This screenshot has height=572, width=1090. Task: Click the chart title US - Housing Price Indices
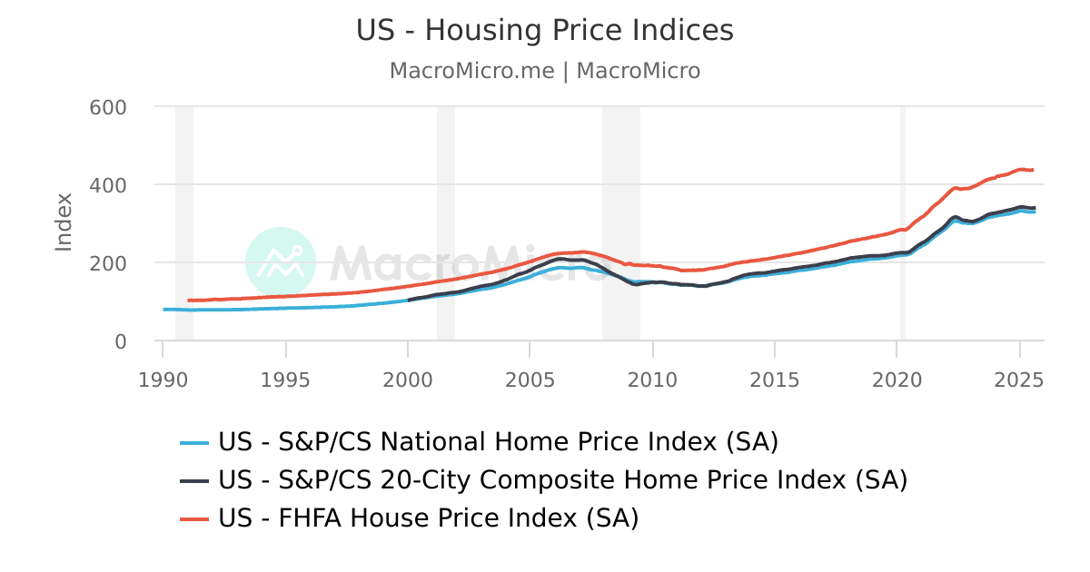[544, 31]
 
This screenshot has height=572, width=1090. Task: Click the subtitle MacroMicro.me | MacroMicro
[544, 71]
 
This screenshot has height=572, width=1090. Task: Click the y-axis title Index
[64, 222]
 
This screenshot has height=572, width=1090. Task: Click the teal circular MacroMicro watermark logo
[281, 262]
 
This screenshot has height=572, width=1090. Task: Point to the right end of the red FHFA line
[1033, 170]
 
